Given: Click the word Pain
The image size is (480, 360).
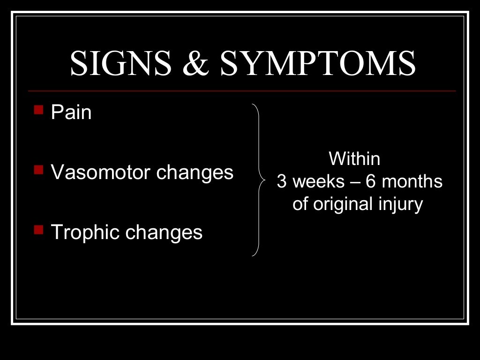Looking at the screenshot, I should (x=71, y=113).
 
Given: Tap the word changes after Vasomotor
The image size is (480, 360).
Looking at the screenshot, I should (x=195, y=173).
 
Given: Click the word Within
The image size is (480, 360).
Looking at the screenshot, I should (x=354, y=159).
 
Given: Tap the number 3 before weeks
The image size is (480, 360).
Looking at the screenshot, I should (x=281, y=182).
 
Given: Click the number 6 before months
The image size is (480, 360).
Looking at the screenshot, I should (x=371, y=182).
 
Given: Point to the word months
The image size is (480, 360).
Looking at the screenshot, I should (x=412, y=182).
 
